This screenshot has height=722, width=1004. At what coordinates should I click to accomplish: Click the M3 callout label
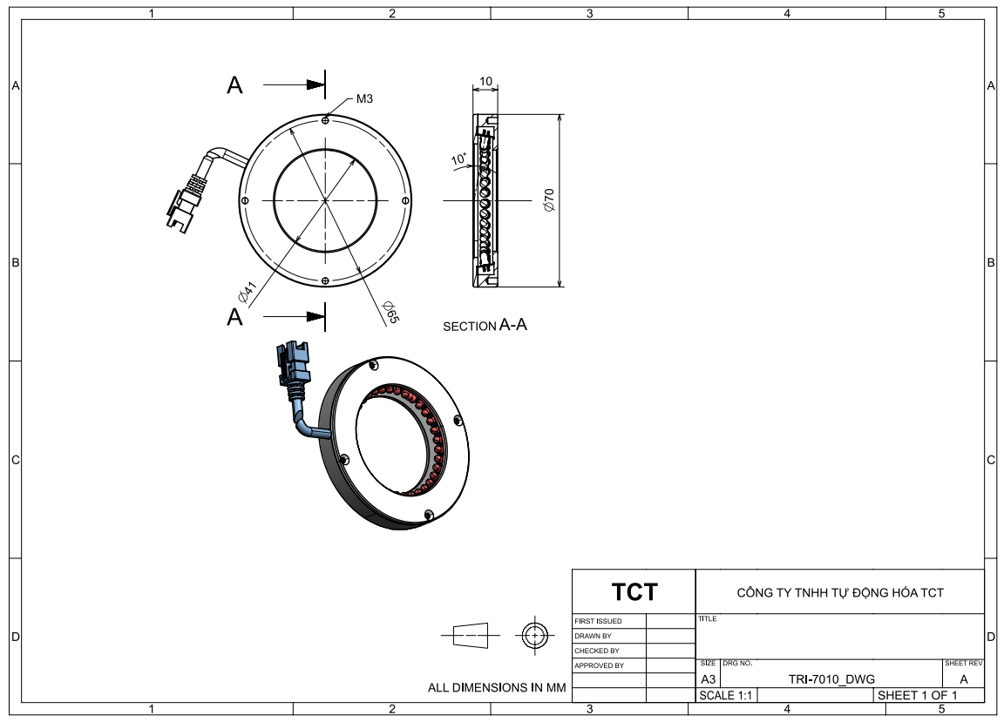click(x=364, y=98)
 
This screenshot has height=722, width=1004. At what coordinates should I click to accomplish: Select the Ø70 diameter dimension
click(x=548, y=200)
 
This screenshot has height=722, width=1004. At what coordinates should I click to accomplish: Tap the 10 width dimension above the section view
click(x=485, y=81)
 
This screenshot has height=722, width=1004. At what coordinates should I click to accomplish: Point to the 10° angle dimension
click(x=459, y=159)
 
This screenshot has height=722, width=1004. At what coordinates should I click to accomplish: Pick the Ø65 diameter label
click(x=390, y=311)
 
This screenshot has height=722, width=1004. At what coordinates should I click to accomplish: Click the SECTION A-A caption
click(x=485, y=326)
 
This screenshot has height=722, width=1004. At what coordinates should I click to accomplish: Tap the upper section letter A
click(x=234, y=85)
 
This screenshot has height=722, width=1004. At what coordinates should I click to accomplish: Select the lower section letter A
click(x=234, y=317)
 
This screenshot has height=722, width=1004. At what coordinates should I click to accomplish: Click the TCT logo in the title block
click(x=634, y=592)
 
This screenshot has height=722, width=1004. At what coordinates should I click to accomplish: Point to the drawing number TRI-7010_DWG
click(x=831, y=679)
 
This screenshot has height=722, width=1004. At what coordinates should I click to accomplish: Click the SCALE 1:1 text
click(x=725, y=696)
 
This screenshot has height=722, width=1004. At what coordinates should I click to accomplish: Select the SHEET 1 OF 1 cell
click(x=916, y=696)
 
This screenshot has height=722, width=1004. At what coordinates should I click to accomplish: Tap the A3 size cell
click(x=709, y=679)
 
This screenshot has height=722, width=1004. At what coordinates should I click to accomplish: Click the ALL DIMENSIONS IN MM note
click(x=497, y=688)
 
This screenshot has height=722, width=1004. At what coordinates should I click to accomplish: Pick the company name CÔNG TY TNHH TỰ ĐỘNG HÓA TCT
click(x=840, y=593)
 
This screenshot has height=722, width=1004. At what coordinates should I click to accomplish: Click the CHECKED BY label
click(x=597, y=651)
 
